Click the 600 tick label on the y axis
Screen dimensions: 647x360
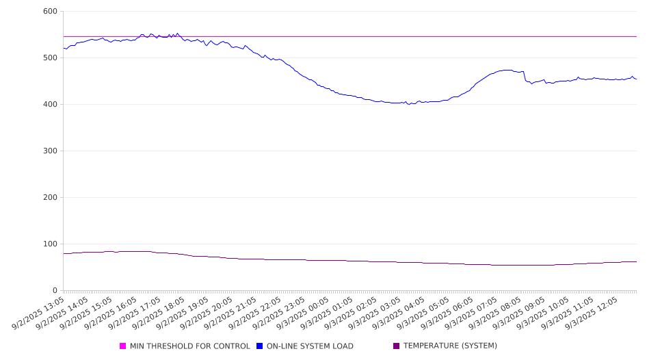(x=50, y=11)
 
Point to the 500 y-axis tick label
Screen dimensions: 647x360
(x=50, y=57)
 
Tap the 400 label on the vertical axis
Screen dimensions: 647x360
(x=50, y=105)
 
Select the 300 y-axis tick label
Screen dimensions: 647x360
(x=50, y=151)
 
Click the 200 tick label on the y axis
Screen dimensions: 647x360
(x=50, y=197)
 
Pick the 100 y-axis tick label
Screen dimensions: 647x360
(x=50, y=244)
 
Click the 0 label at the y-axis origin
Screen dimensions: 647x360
(x=55, y=291)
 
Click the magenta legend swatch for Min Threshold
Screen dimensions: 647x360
(x=122, y=346)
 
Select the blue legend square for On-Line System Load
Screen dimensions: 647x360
(x=259, y=346)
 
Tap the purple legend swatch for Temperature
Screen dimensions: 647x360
(x=397, y=346)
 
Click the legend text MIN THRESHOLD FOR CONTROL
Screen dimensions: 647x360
(x=190, y=346)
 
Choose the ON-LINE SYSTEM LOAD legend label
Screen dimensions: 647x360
(x=310, y=346)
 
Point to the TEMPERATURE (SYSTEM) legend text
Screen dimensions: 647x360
(x=450, y=346)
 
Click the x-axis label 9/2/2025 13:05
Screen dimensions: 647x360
(x=39, y=313)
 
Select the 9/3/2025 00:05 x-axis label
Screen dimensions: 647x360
(x=304, y=313)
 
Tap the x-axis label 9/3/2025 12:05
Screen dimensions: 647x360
(x=592, y=313)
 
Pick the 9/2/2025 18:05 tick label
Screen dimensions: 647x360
(x=159, y=313)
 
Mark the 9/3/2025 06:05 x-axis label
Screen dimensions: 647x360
(x=448, y=313)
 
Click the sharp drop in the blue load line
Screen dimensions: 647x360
(x=525, y=76)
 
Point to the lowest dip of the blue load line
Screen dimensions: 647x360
(x=409, y=105)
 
